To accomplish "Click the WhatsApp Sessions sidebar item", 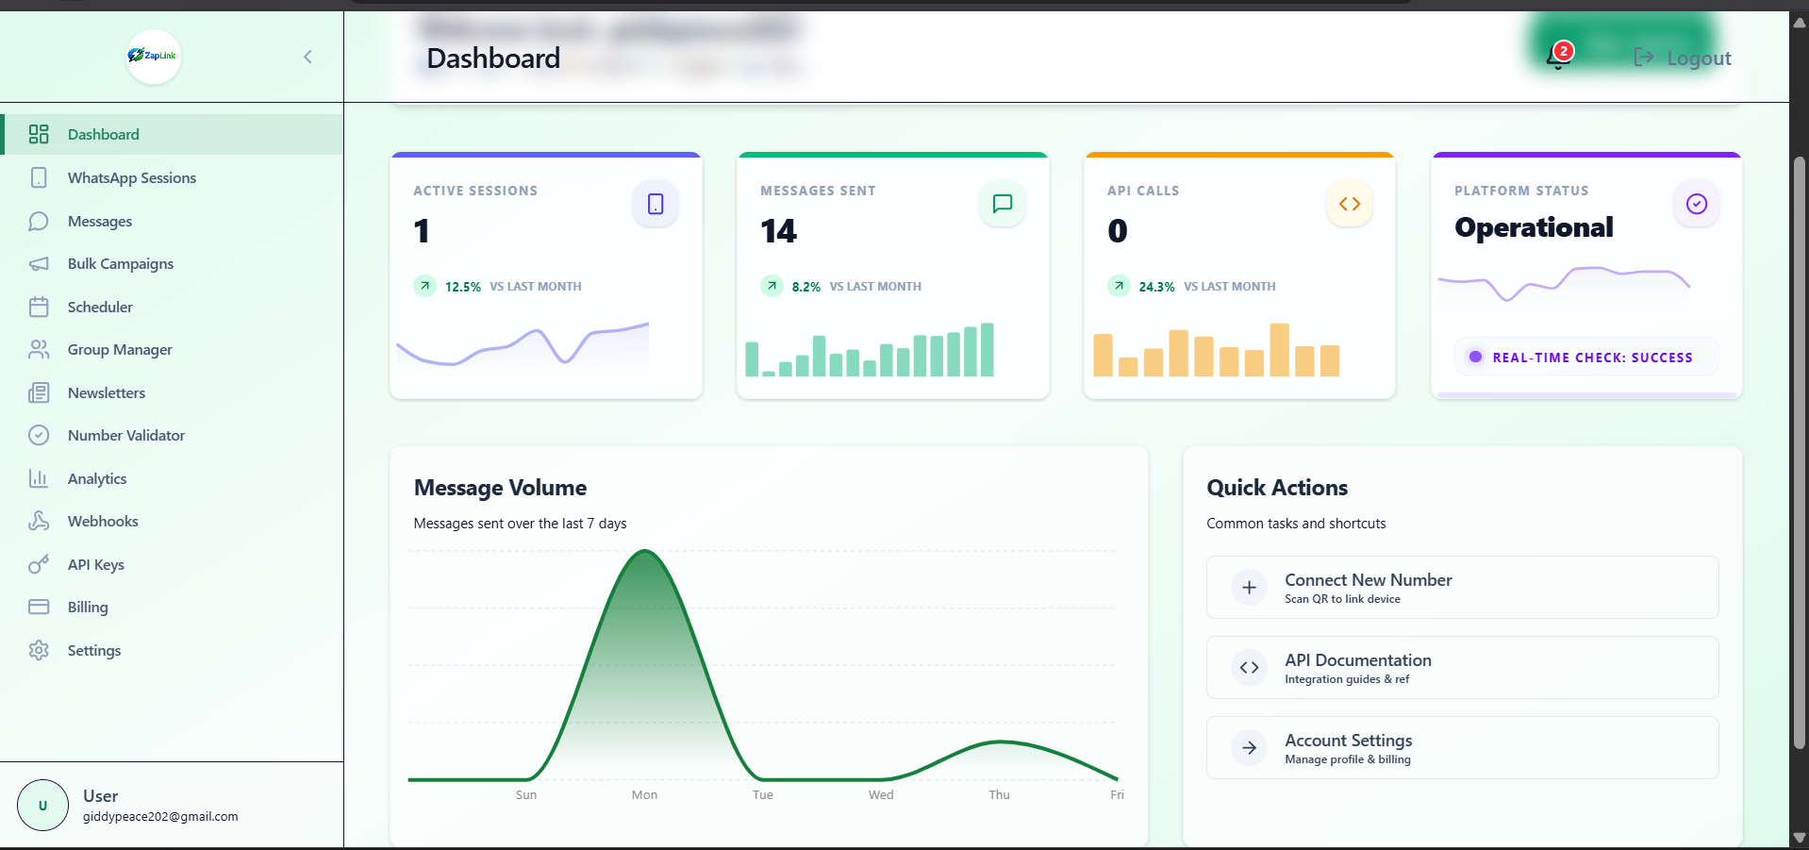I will click(x=131, y=178).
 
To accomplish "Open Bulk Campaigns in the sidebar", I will click(x=120, y=264).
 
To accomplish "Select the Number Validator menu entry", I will click(x=125, y=436).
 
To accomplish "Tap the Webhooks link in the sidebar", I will click(x=102, y=522).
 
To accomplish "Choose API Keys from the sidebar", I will click(x=95, y=565).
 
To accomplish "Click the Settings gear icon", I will click(x=39, y=651).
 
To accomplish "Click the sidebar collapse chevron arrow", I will click(x=307, y=57).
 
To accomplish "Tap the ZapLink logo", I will click(x=153, y=56).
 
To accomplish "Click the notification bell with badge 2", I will click(x=1557, y=57).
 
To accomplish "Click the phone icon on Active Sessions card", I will click(x=656, y=204).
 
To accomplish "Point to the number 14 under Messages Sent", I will click(x=778, y=231).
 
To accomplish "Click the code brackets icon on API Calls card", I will click(x=1350, y=204).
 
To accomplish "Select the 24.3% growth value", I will click(x=1156, y=287).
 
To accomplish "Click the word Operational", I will click(x=1534, y=227).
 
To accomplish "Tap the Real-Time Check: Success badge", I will click(x=1585, y=358).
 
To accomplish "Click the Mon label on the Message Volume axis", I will click(x=644, y=795).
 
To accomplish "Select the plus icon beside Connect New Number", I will click(x=1249, y=588).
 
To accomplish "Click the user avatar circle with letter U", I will click(x=42, y=806).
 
